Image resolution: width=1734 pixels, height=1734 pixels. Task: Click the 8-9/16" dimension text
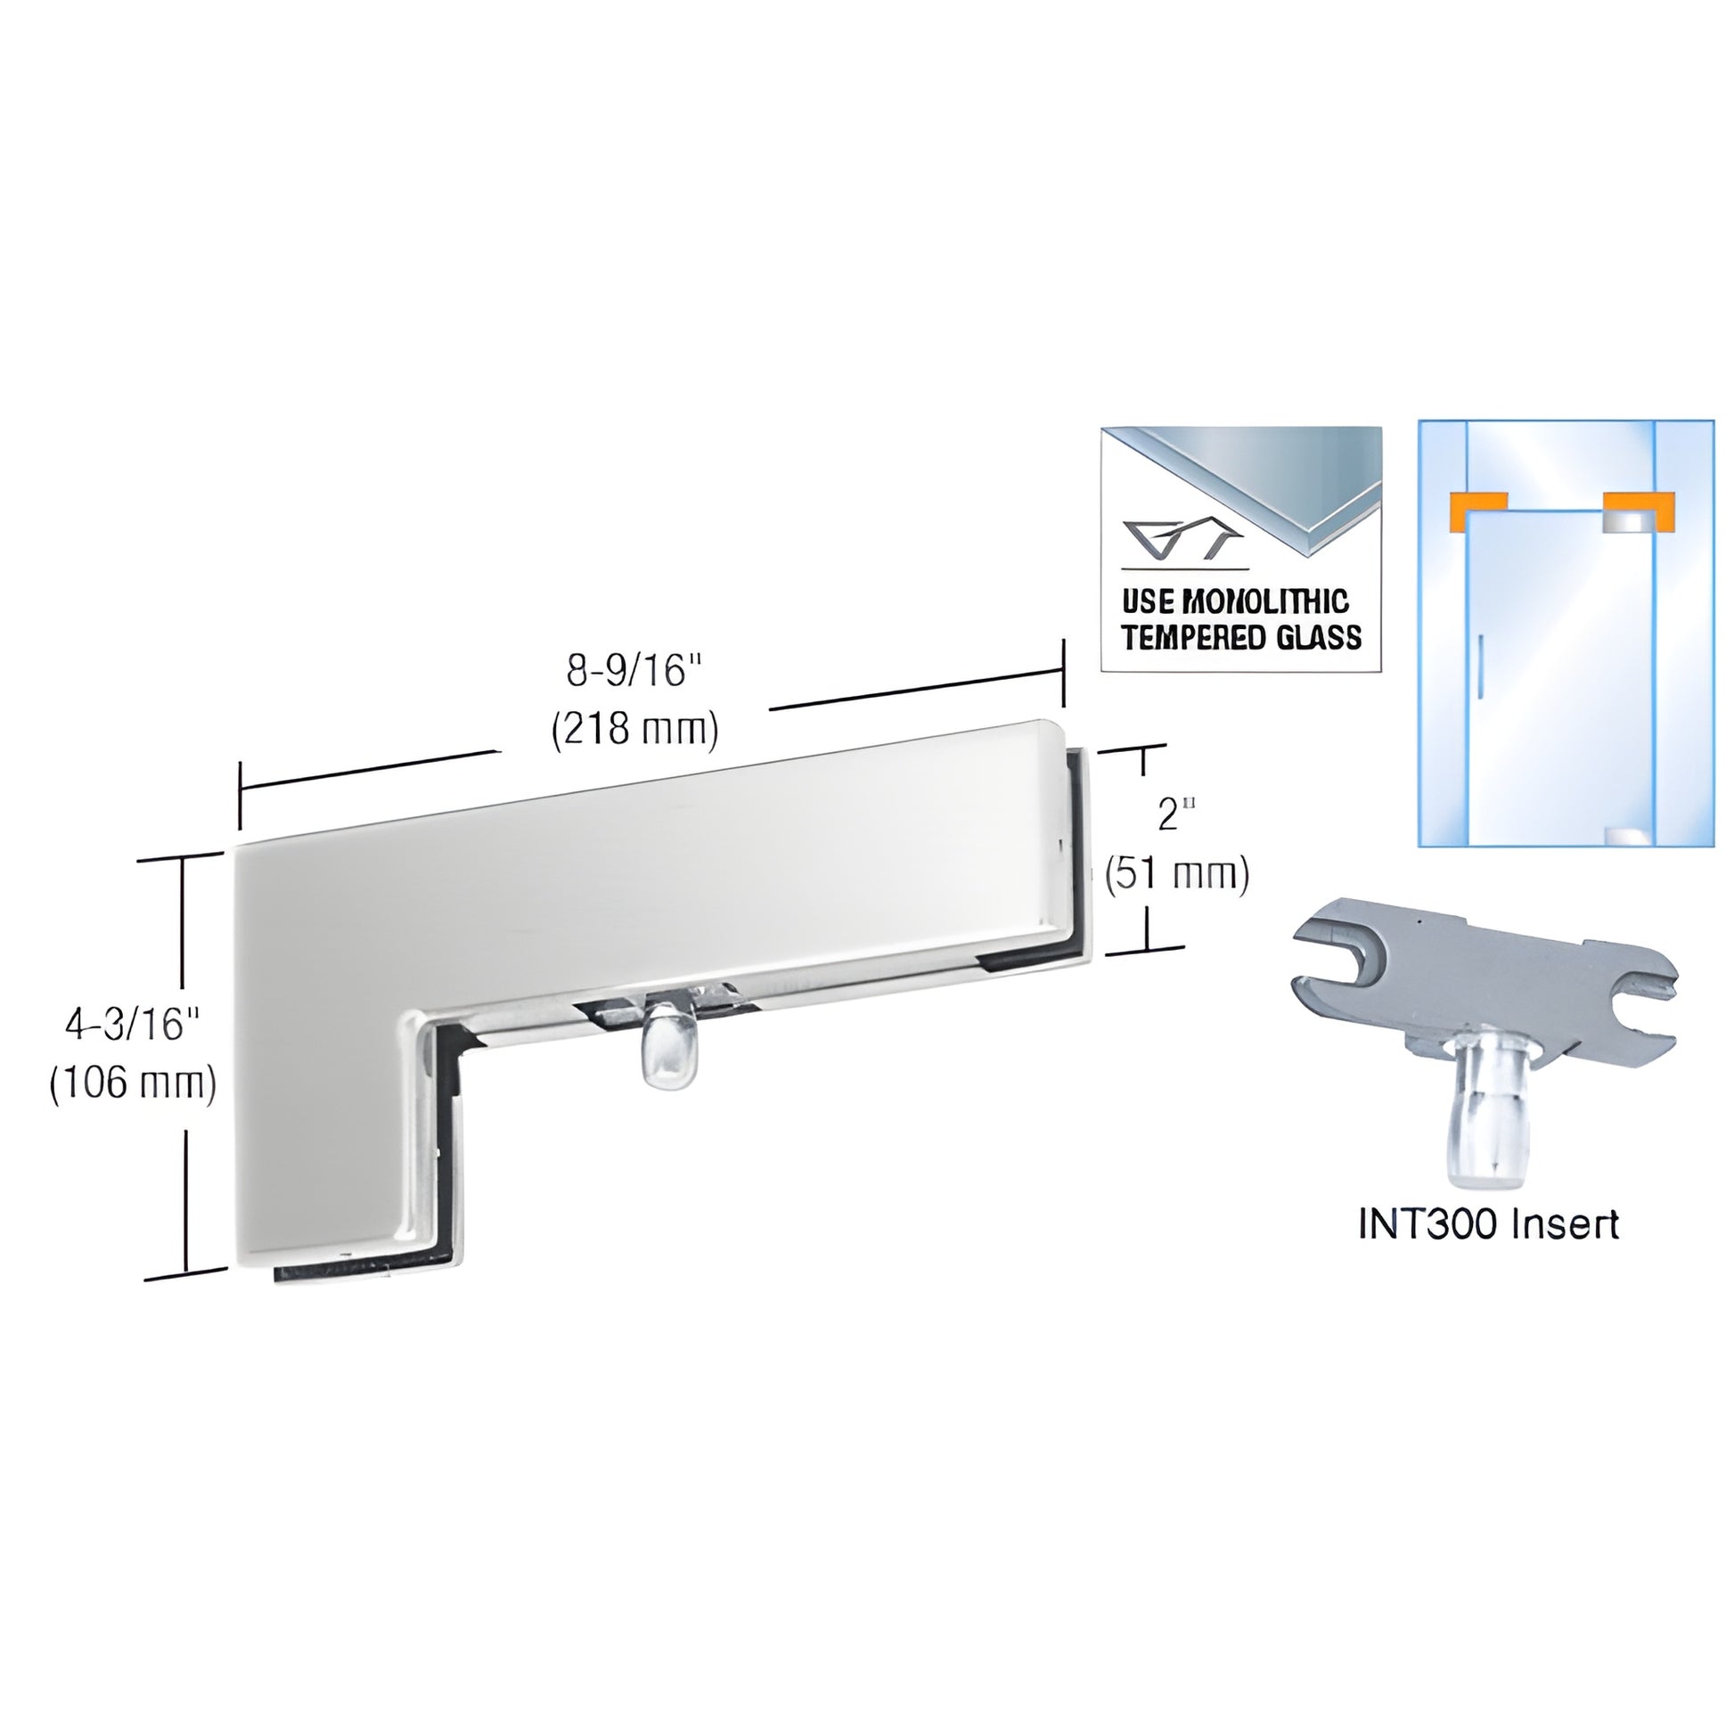(633, 671)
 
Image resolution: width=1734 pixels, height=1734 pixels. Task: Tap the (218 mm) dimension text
(634, 730)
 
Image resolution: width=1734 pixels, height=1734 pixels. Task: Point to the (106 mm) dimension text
(133, 1083)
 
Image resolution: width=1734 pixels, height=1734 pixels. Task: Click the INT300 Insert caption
(1489, 1224)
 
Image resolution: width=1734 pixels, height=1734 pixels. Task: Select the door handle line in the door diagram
(1480, 666)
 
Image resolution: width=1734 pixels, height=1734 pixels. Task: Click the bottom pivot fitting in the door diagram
(1630, 836)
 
